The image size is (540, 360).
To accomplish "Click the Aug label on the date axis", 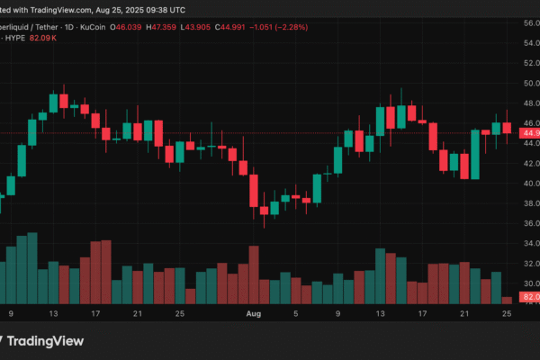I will tap(253, 313).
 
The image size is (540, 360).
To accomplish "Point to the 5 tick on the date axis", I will tap(297, 313).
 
